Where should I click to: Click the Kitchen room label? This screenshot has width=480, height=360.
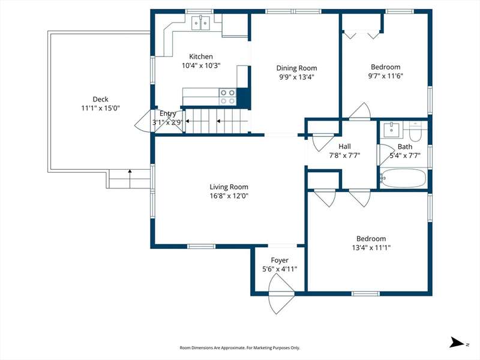pyautogui.click(x=201, y=56)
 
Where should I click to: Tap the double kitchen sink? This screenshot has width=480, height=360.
pyautogui.click(x=201, y=23)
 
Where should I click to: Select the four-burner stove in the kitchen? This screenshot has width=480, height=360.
pyautogui.click(x=227, y=97)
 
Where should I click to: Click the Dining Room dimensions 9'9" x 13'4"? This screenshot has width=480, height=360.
pyautogui.click(x=296, y=77)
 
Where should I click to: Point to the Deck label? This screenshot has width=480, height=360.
pyautogui.click(x=100, y=99)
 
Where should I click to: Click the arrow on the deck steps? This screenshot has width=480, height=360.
pyautogui.click(x=130, y=178)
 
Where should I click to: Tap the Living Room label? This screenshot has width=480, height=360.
pyautogui.click(x=229, y=187)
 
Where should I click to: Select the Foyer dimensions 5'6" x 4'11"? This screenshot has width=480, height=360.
pyautogui.click(x=280, y=269)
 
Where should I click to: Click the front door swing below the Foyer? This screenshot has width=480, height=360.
pyautogui.click(x=281, y=294)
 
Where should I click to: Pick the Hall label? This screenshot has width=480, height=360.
pyautogui.click(x=344, y=146)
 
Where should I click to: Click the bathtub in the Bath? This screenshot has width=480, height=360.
pyautogui.click(x=403, y=178)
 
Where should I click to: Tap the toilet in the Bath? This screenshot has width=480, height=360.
pyautogui.click(x=415, y=131)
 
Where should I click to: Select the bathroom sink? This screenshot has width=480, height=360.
pyautogui.click(x=392, y=130)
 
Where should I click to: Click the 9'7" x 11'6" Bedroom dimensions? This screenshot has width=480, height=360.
pyautogui.click(x=385, y=76)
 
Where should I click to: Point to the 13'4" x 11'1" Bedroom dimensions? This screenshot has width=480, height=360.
pyautogui.click(x=371, y=247)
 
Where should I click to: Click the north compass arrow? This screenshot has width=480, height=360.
pyautogui.click(x=457, y=343)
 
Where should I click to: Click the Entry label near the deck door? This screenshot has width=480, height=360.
pyautogui.click(x=167, y=113)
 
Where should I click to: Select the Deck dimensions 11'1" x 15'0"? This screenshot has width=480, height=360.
pyautogui.click(x=100, y=108)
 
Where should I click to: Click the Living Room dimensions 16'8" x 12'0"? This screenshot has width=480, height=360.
pyautogui.click(x=229, y=196)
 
